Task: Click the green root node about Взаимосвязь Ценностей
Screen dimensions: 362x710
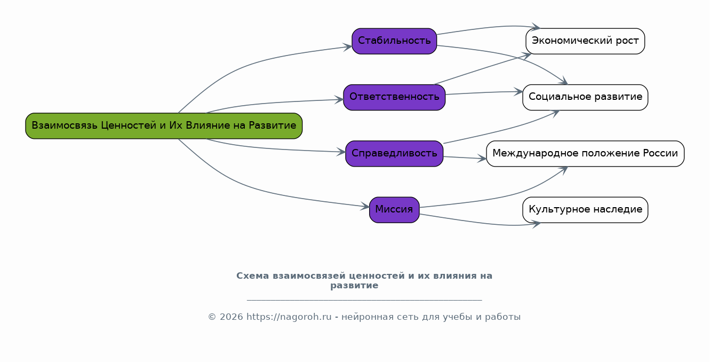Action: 164,126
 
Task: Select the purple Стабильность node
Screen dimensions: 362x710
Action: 394,41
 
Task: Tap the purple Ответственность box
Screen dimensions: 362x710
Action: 394,97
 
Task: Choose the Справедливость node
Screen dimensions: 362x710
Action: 394,154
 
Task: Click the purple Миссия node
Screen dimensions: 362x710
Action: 394,210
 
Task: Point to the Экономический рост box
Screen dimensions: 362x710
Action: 585,41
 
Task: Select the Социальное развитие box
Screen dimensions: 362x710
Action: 585,97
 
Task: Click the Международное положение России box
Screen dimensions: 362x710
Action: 585,154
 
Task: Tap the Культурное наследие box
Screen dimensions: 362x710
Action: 585,210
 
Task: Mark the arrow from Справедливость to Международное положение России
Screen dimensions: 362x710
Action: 464,158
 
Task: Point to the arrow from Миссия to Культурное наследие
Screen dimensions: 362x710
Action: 480,223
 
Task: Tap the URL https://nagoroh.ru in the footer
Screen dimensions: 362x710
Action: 289,317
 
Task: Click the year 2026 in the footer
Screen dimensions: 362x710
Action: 230,317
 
